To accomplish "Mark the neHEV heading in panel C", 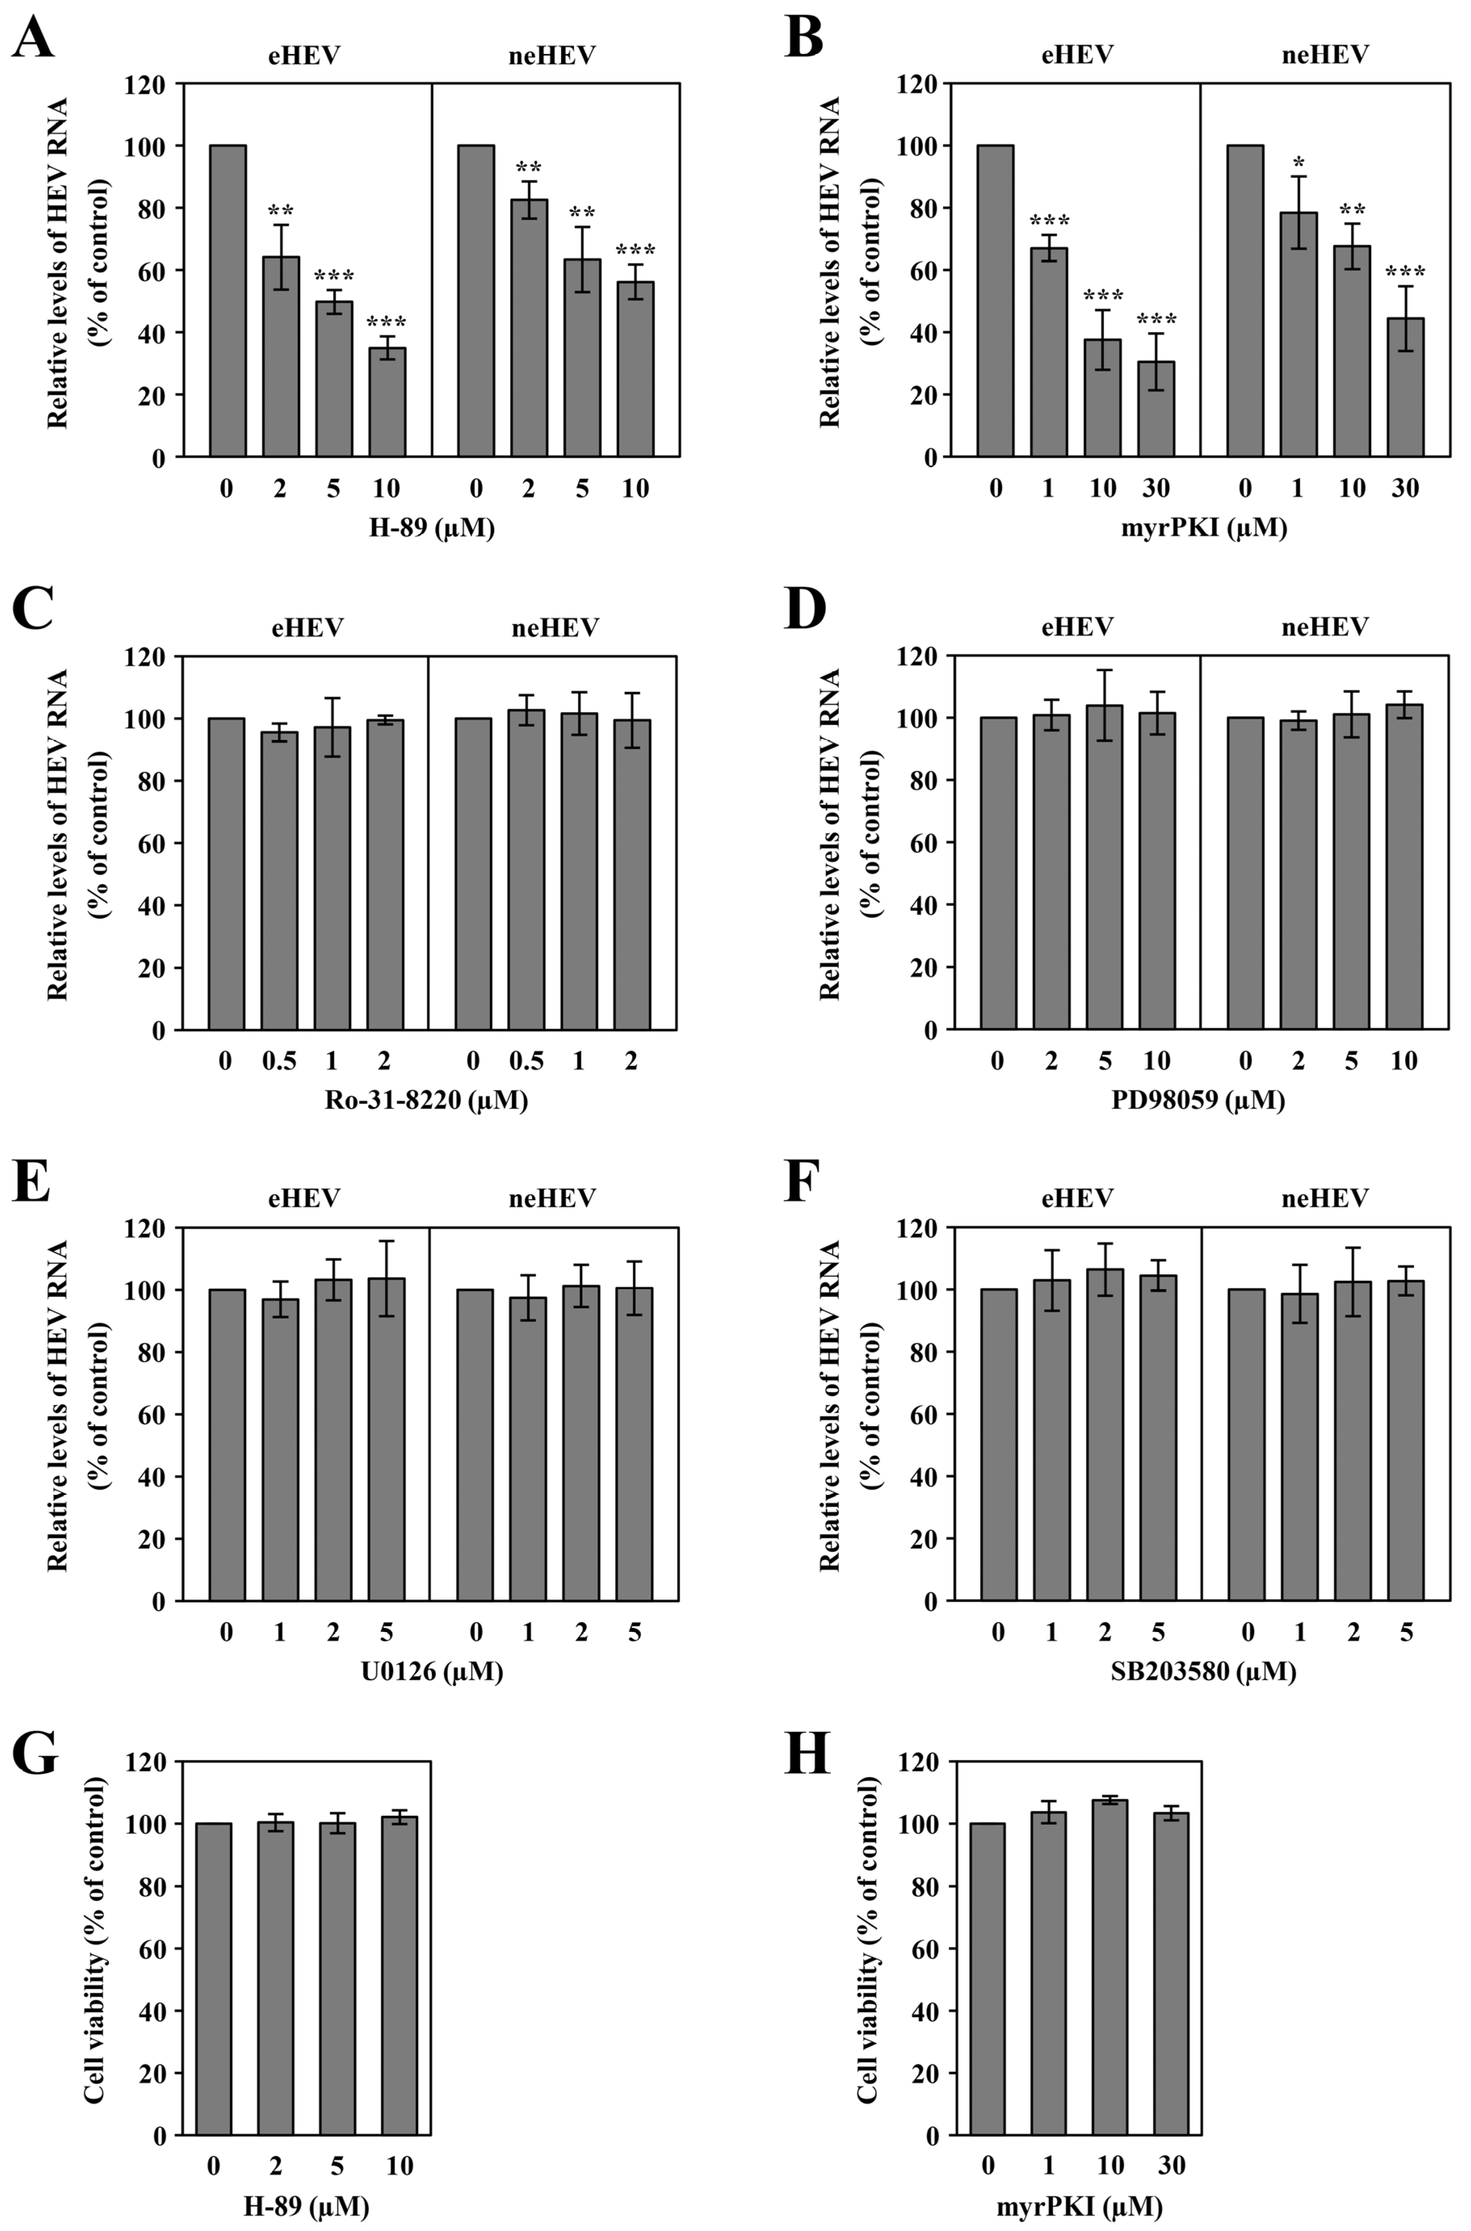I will pyautogui.click(x=554, y=627).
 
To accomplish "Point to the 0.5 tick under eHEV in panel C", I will pyautogui.click(x=279, y=1061).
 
